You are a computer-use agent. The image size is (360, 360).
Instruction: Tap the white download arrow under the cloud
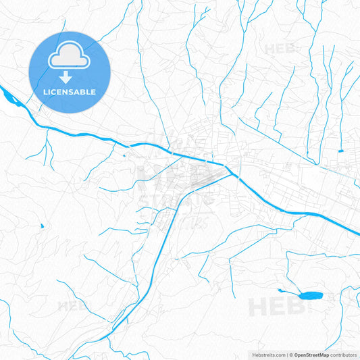pos(70,77)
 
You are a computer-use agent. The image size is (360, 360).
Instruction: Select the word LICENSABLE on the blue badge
pos(70,92)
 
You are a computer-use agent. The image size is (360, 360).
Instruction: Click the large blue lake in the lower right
pos(310,296)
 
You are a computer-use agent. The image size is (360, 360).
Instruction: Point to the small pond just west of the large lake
pos(281,290)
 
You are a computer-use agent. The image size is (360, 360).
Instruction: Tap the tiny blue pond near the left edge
pos(41,226)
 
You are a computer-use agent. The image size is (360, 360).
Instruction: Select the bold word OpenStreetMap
pos(311,354)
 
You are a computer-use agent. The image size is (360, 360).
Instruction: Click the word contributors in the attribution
pos(344,354)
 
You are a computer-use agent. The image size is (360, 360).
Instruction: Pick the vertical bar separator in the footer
pos(286,354)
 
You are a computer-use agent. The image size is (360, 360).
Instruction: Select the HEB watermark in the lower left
pos(74,305)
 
